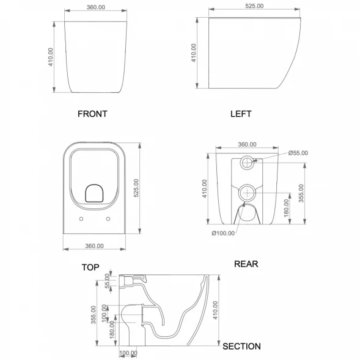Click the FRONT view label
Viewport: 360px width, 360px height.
click(x=92, y=114)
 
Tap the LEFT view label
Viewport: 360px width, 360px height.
click(x=241, y=114)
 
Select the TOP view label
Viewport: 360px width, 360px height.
click(x=90, y=267)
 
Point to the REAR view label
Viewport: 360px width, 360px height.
click(x=246, y=264)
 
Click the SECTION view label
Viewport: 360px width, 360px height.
click(x=241, y=346)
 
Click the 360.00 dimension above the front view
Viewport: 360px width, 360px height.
click(x=96, y=7)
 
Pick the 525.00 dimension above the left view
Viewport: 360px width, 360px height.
click(x=254, y=6)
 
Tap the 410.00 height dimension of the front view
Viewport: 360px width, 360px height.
click(x=51, y=57)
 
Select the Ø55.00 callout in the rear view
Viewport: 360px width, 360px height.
click(x=298, y=153)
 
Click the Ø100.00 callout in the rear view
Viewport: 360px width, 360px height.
click(x=223, y=233)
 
